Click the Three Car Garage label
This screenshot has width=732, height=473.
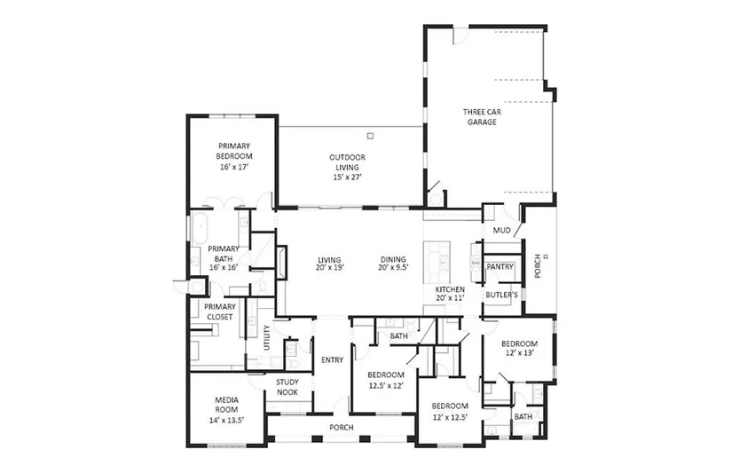(483, 117)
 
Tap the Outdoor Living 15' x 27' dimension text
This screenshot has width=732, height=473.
(348, 177)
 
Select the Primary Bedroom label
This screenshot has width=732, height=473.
(234, 151)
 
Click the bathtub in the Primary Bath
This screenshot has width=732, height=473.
(200, 228)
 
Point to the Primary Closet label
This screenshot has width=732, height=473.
(220, 311)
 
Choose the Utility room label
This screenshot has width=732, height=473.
(267, 337)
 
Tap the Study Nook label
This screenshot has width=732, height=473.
(287, 387)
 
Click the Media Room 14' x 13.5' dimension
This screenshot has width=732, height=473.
(226, 420)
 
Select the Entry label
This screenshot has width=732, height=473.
(333, 360)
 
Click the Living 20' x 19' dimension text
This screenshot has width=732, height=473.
(329, 268)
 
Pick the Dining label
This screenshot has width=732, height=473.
(393, 260)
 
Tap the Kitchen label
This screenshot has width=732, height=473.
(450, 289)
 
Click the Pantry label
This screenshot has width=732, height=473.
(500, 266)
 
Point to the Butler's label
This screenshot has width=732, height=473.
(502, 295)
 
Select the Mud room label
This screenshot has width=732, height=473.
(502, 230)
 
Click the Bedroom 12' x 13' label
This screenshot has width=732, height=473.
(520, 349)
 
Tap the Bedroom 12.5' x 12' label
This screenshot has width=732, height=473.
(386, 380)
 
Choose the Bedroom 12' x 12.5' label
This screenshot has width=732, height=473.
(450, 412)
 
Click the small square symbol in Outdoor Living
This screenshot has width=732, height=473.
(370, 136)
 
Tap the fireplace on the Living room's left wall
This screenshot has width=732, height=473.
(281, 263)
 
